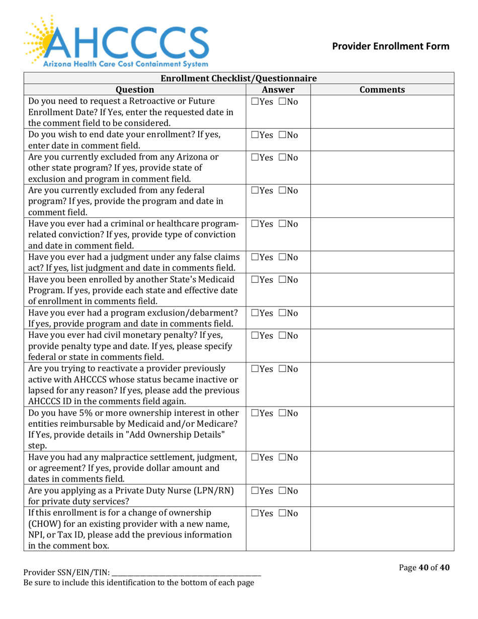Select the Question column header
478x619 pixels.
(134, 90)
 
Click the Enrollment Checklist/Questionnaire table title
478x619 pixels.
(239, 78)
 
